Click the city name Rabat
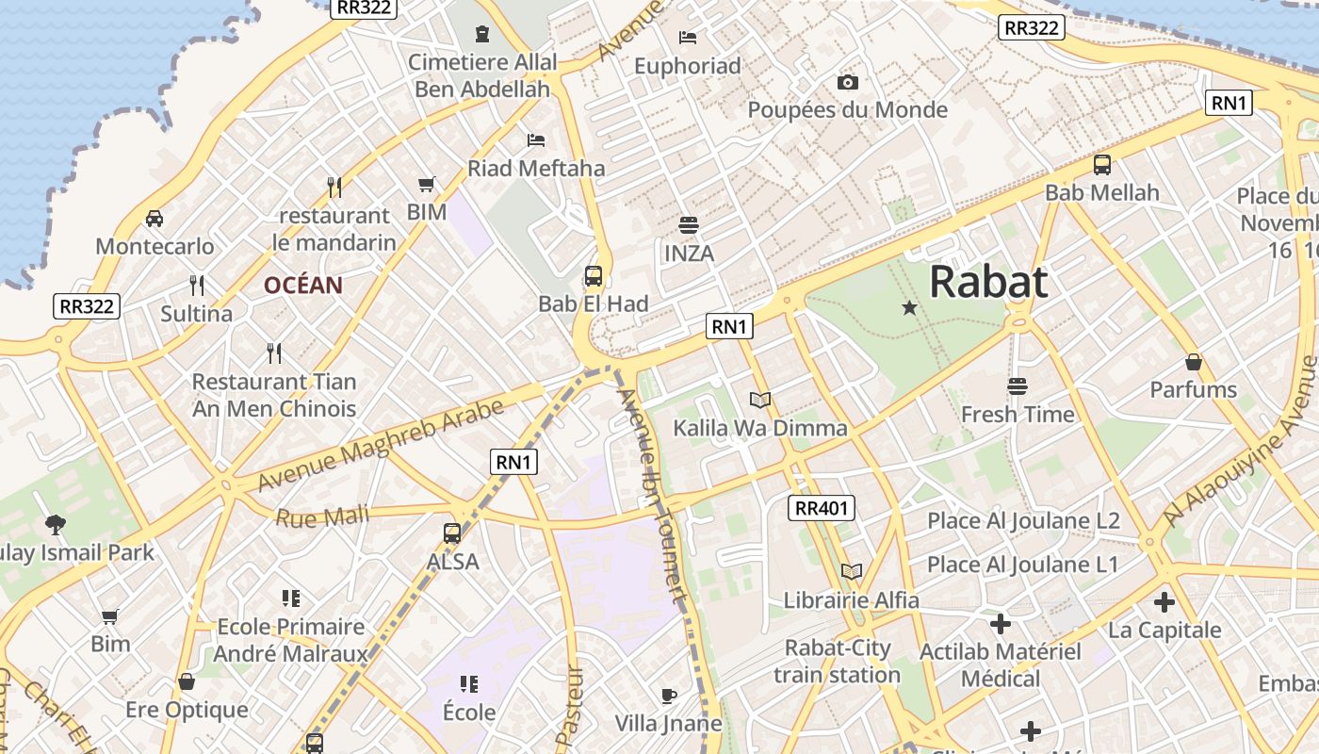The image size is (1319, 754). [988, 282]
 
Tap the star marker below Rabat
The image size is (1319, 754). [909, 307]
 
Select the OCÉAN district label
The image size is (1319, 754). [302, 286]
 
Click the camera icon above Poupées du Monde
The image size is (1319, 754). [848, 82]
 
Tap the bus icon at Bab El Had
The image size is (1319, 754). [594, 276]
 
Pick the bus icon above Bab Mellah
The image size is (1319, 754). [1102, 165]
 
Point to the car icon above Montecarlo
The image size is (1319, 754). [155, 219]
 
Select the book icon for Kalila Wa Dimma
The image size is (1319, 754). [760, 401]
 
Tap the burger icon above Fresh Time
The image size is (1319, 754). [1018, 386]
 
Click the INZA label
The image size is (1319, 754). [690, 254]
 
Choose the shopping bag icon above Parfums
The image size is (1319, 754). [1194, 362]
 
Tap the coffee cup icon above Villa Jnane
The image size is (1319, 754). [669, 697]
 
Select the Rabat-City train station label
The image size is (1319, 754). [838, 662]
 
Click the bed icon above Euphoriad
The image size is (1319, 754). [688, 38]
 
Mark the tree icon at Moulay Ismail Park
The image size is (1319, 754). [56, 525]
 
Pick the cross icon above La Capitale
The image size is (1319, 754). [1164, 601]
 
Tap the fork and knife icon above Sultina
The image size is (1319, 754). [197, 286]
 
